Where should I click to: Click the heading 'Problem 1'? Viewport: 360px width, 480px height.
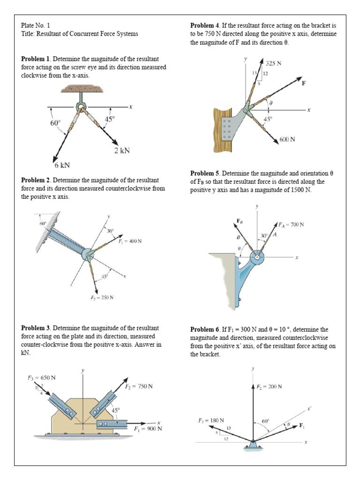[36, 59]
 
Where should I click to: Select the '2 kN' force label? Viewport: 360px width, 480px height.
[122, 150]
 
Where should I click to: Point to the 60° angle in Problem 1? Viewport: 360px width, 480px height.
[55, 123]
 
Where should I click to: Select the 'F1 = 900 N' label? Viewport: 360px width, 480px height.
[148, 428]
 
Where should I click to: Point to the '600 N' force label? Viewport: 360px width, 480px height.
[287, 139]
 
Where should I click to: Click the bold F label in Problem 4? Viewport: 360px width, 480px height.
[304, 83]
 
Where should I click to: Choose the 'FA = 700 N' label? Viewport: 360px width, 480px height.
[291, 225]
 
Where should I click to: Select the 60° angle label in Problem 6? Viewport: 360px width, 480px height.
[265, 421]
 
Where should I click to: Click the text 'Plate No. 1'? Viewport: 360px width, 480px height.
[35, 25]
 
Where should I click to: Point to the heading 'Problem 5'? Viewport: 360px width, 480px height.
[205, 174]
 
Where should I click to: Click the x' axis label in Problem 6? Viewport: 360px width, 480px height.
[309, 409]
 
